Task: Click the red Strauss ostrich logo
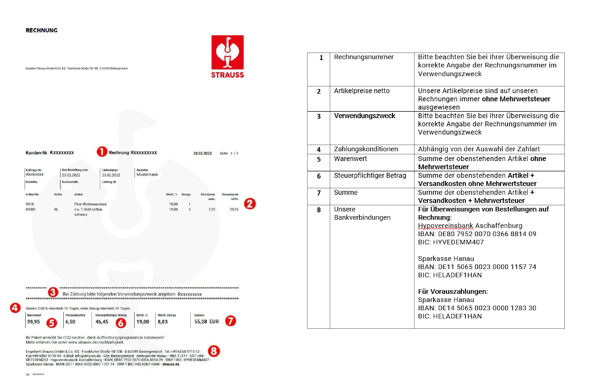(x=227, y=57)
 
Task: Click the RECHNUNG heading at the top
(x=42, y=31)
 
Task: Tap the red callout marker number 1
(x=102, y=152)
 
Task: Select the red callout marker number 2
(x=248, y=203)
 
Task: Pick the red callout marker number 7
(x=230, y=321)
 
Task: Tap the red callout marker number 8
(x=213, y=351)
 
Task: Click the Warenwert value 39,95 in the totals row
(x=33, y=322)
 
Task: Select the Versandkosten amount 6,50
(x=70, y=322)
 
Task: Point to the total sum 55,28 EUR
(x=206, y=322)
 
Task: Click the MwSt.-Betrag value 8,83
(x=163, y=322)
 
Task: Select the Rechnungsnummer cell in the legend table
(x=364, y=57)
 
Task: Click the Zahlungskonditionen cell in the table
(x=366, y=149)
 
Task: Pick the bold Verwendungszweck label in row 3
(x=365, y=116)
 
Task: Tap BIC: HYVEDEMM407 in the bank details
(x=451, y=242)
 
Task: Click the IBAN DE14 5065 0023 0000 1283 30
(x=477, y=308)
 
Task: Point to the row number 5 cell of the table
(x=318, y=159)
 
